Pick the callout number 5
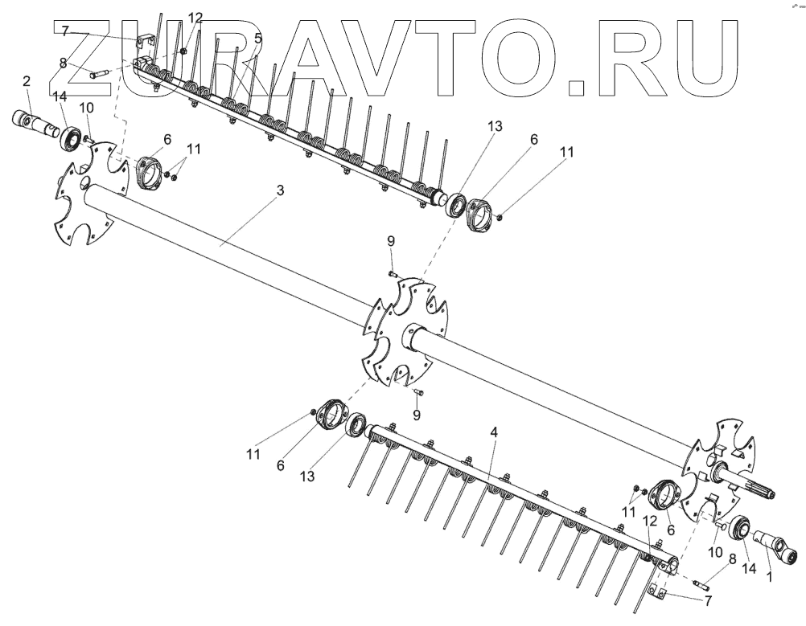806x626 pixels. [257, 38]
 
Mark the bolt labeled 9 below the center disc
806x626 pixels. [418, 392]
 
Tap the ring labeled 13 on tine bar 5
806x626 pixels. [456, 204]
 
